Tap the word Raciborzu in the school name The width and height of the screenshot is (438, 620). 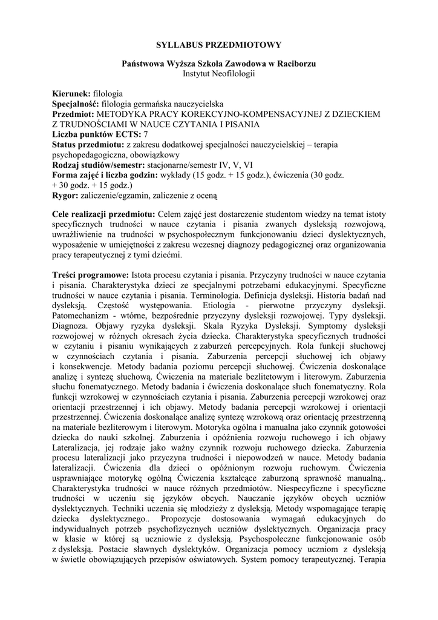[x=296, y=64]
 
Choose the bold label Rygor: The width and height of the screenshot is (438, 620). [x=66, y=196]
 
